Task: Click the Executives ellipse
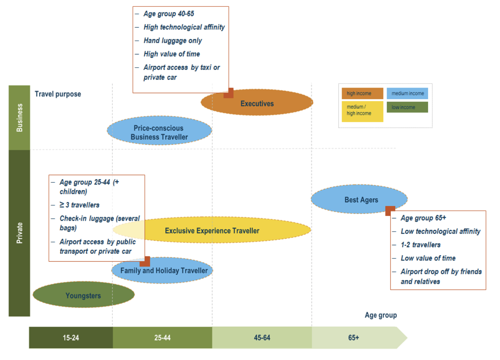click(257, 103)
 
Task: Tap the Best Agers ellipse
click(359, 199)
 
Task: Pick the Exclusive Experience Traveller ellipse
click(212, 230)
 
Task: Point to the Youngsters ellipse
click(83, 295)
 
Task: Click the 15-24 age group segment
click(71, 338)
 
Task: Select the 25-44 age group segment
click(162, 338)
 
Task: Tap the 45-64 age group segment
click(262, 338)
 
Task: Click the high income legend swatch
click(362, 93)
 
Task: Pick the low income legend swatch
click(407, 107)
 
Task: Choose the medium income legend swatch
click(407, 93)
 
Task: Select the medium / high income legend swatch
click(362, 111)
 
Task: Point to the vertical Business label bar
click(19, 118)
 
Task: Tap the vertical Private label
click(19, 233)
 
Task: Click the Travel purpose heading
click(58, 94)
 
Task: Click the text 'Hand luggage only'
click(172, 40)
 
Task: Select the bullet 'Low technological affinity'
click(440, 231)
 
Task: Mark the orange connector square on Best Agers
click(390, 211)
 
